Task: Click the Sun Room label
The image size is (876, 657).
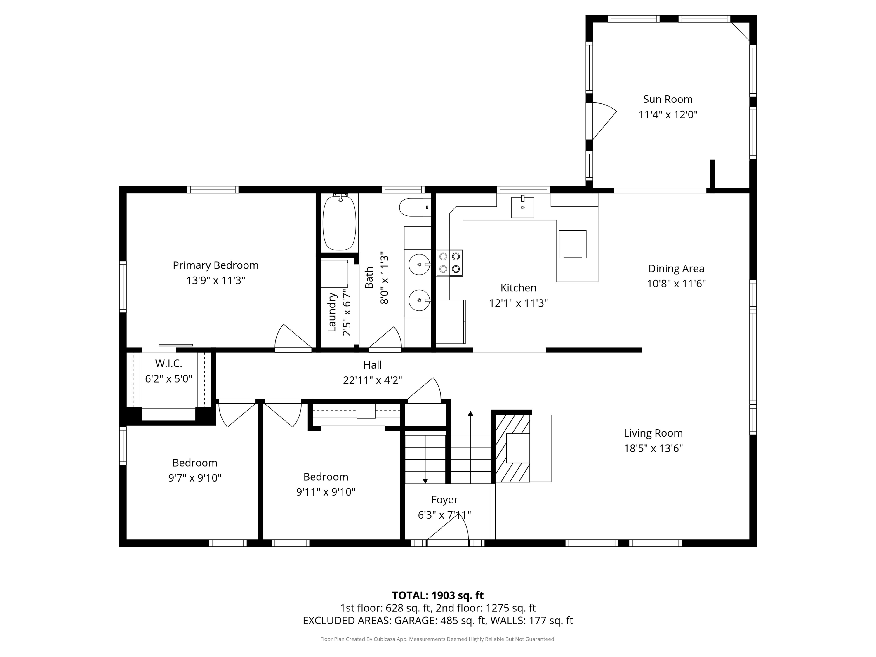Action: (x=668, y=99)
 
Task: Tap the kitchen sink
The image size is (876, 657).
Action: (x=522, y=207)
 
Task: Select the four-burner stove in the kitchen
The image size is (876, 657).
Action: (x=449, y=263)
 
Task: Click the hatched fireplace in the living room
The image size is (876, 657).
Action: (x=513, y=448)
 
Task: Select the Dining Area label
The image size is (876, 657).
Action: (x=676, y=269)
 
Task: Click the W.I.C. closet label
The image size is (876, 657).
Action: (x=169, y=363)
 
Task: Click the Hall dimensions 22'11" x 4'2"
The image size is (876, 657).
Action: (x=373, y=380)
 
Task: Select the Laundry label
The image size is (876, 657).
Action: (x=332, y=312)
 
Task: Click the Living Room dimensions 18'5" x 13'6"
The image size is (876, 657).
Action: (x=653, y=448)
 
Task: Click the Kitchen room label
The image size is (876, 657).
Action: (x=518, y=288)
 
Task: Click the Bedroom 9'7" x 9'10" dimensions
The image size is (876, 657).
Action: (x=195, y=478)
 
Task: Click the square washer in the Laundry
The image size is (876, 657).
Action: (x=334, y=274)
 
